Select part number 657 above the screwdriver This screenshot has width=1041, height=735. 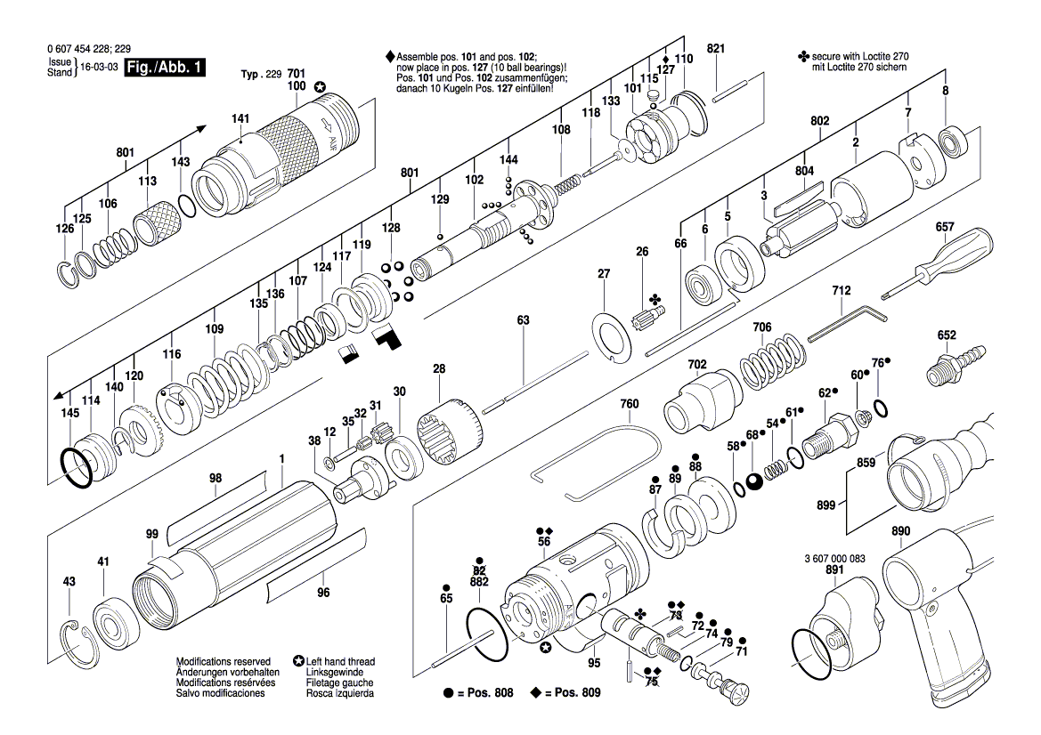point(945,229)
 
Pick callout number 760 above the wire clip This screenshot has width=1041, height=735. point(630,404)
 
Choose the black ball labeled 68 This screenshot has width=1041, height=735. point(754,481)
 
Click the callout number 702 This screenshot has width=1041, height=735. point(696,365)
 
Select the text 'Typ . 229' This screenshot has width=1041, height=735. point(261,75)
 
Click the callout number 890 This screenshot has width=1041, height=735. point(900,532)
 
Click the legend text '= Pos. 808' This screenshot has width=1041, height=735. point(484,692)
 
